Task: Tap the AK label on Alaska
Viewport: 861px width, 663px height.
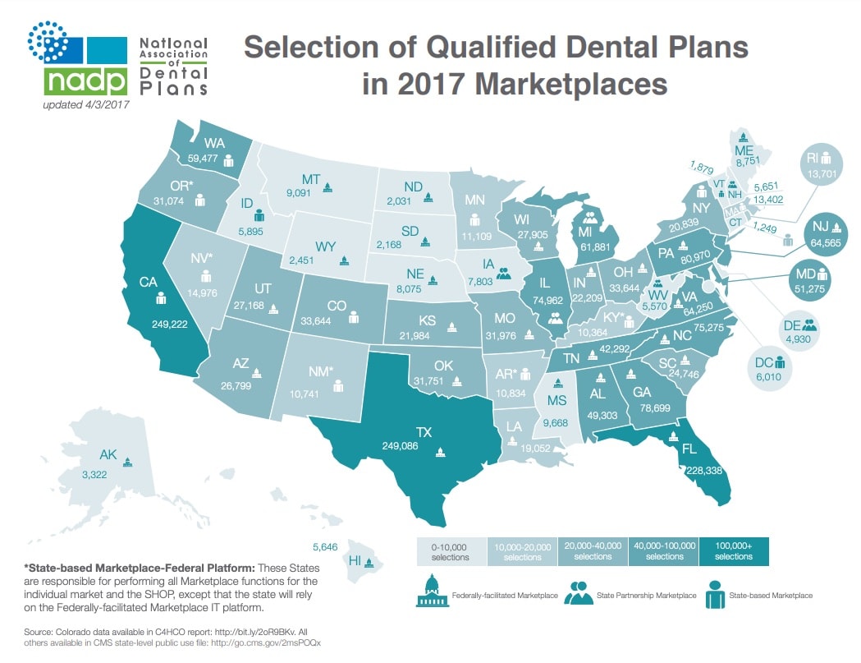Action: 108,454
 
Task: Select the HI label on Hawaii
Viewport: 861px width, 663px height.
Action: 355,561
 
